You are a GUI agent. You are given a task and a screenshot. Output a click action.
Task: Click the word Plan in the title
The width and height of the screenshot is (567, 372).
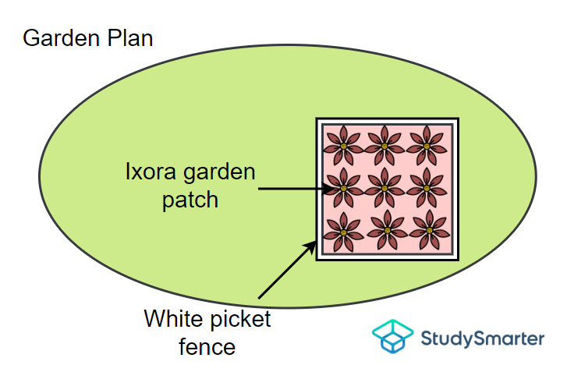pyautogui.click(x=127, y=37)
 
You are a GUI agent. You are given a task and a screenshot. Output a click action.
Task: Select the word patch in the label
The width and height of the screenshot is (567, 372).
pyautogui.click(x=190, y=200)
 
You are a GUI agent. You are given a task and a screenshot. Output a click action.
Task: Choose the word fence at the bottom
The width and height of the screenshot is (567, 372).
pyautogui.click(x=207, y=345)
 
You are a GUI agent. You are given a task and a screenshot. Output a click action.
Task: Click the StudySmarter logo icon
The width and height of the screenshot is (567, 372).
pyautogui.click(x=392, y=336)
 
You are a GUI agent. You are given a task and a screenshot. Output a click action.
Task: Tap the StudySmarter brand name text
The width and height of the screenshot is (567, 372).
pyautogui.click(x=482, y=338)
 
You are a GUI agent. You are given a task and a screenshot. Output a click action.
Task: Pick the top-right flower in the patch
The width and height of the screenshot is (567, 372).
pyautogui.click(x=429, y=145)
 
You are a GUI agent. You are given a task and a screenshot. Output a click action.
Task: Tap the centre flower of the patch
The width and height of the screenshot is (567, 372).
pyautogui.click(x=386, y=188)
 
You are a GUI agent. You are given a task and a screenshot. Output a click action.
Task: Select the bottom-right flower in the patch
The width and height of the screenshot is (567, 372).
pyautogui.click(x=429, y=232)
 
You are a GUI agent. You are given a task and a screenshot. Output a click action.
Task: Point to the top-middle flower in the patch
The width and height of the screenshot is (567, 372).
pyautogui.click(x=386, y=145)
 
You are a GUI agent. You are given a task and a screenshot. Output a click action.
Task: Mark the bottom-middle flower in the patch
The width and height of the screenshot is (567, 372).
pyautogui.click(x=386, y=232)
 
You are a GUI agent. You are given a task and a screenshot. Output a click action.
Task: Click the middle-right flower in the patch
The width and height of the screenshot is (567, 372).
pyautogui.click(x=429, y=188)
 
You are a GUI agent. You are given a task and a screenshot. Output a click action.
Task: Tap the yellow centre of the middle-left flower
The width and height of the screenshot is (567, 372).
pyautogui.click(x=343, y=189)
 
